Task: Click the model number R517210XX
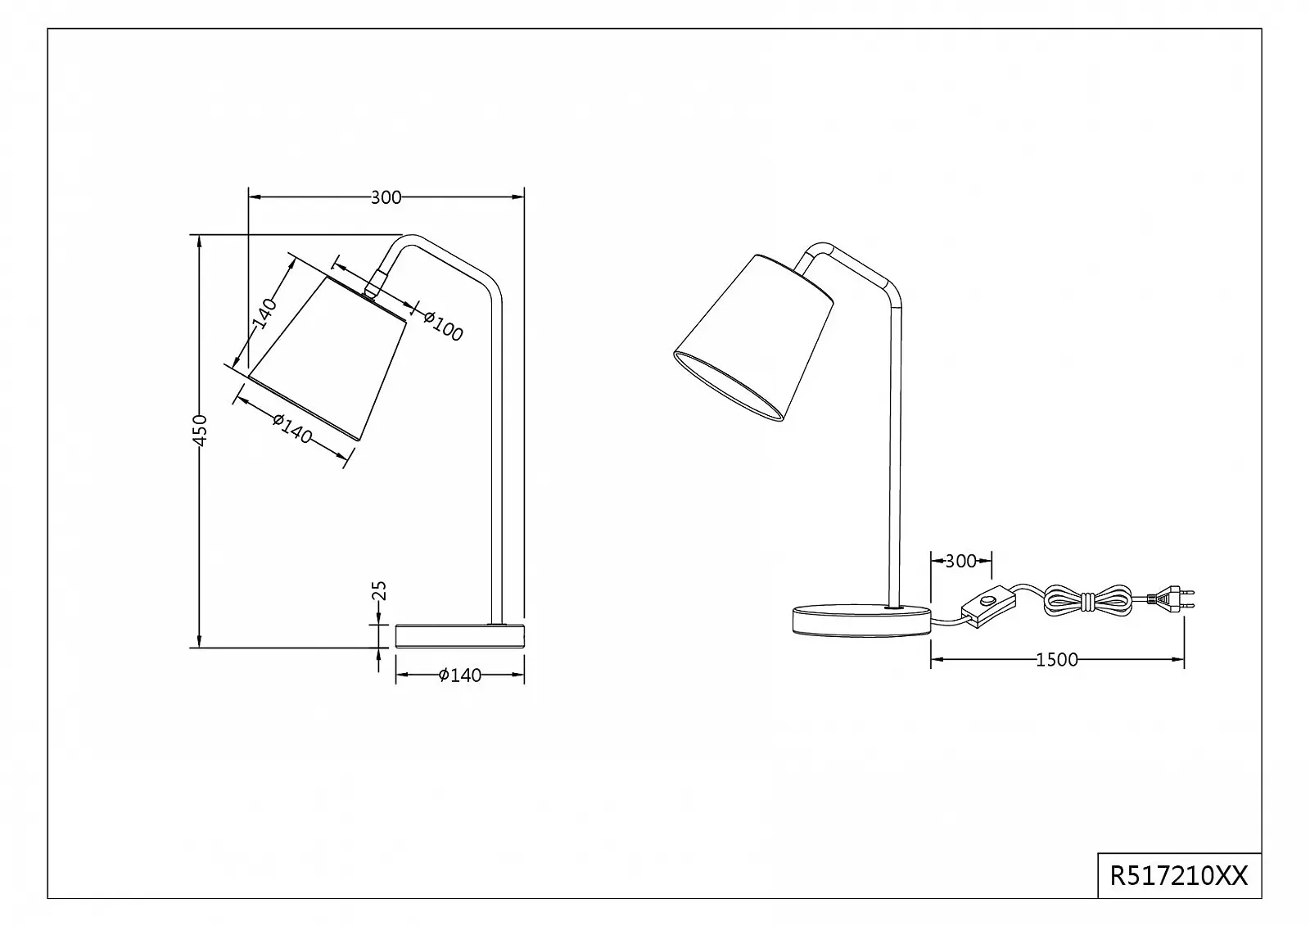click(x=1178, y=876)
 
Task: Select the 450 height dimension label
click(x=201, y=431)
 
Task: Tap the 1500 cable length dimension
click(x=1057, y=660)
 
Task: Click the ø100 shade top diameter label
click(x=443, y=326)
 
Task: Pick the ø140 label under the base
click(x=459, y=675)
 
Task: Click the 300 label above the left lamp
click(x=386, y=197)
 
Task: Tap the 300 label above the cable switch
click(x=960, y=561)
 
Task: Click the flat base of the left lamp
click(x=459, y=635)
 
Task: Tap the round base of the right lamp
click(x=861, y=619)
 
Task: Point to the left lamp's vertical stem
click(x=496, y=458)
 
